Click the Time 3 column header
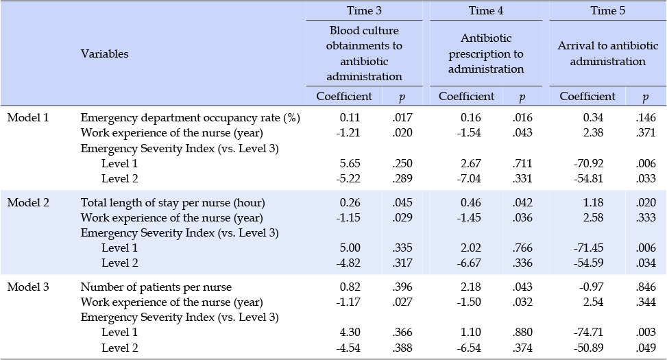pyautogui.click(x=364, y=11)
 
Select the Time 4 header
pyautogui.click(x=486, y=11)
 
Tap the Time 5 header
pyautogui.click(x=607, y=11)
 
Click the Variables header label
pyautogui.click(x=105, y=53)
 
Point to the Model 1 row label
pyautogui.click(x=28, y=117)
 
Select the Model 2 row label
pyautogui.click(x=28, y=202)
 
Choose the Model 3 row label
pyautogui.click(x=28, y=287)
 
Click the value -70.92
pyautogui.click(x=588, y=163)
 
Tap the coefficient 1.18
pyautogui.click(x=593, y=202)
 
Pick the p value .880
pyautogui.click(x=522, y=333)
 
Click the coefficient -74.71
pyautogui.click(x=588, y=333)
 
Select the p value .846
pyautogui.click(x=646, y=287)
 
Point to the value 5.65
pyautogui.click(x=350, y=163)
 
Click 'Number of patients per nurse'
pyautogui.click(x=156, y=287)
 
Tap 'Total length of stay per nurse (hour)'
pyautogui.click(x=173, y=202)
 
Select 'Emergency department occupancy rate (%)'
pyautogui.click(x=191, y=117)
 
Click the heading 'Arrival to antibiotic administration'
pyautogui.click(x=607, y=53)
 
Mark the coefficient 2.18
pyautogui.click(x=470, y=287)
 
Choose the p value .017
pyautogui.click(x=402, y=117)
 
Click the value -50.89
pyautogui.click(x=588, y=348)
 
